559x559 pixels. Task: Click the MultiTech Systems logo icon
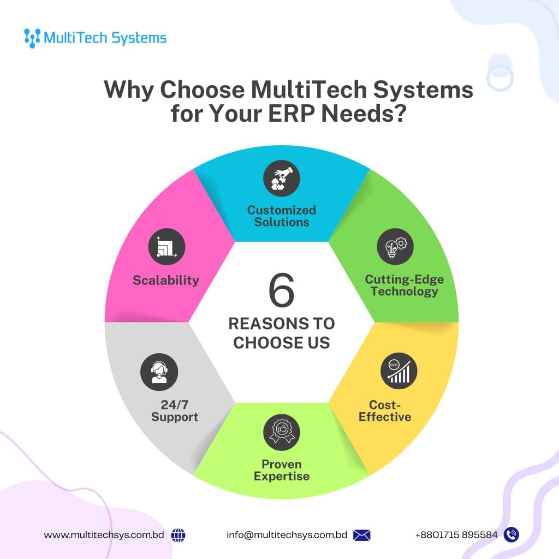[x=32, y=38]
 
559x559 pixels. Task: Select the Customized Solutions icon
[x=282, y=180]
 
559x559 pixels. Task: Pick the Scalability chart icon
[x=166, y=247]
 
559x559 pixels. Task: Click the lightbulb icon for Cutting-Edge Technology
[x=395, y=246]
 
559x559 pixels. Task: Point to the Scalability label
[x=166, y=281]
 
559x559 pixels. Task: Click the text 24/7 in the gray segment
[x=175, y=405]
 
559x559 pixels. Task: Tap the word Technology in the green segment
[x=405, y=292]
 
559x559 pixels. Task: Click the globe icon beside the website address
[x=178, y=535]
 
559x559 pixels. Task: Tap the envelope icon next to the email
[x=361, y=535]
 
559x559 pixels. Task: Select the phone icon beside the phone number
[x=512, y=535]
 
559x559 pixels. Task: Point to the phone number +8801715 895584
[x=456, y=535]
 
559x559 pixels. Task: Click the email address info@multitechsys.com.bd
[x=287, y=535]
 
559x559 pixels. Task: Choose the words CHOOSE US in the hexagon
[x=282, y=343]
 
